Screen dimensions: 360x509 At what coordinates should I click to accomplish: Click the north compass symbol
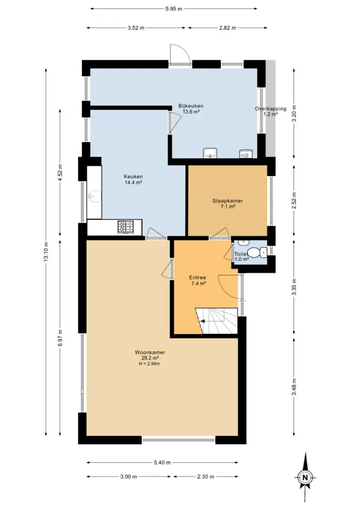coord(305,477)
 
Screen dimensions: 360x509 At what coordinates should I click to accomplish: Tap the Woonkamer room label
coord(150,352)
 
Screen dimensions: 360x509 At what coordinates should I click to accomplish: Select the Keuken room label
coord(133,177)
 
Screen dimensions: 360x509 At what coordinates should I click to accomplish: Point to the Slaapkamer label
coord(227,201)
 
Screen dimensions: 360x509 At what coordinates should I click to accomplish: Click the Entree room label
coord(197,277)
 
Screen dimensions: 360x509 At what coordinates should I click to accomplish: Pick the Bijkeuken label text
coord(191,106)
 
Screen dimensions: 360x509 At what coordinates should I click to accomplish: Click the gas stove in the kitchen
coord(126,227)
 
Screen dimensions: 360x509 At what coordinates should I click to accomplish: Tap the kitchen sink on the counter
coord(94,195)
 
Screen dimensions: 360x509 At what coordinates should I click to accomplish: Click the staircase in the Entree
coord(217,321)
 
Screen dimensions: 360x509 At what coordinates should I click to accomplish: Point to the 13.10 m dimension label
coord(46,252)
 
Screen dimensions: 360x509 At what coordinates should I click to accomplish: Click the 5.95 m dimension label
coord(173,9)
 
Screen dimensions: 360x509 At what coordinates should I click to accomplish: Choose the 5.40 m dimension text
coord(162,463)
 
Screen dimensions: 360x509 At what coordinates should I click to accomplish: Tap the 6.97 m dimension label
coord(60,338)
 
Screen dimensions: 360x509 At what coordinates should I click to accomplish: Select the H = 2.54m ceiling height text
coord(150,364)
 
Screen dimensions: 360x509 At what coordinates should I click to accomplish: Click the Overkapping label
coord(271,109)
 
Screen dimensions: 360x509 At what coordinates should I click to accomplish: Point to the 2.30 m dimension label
coord(205,477)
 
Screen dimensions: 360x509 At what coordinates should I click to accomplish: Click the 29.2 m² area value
coord(150,358)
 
